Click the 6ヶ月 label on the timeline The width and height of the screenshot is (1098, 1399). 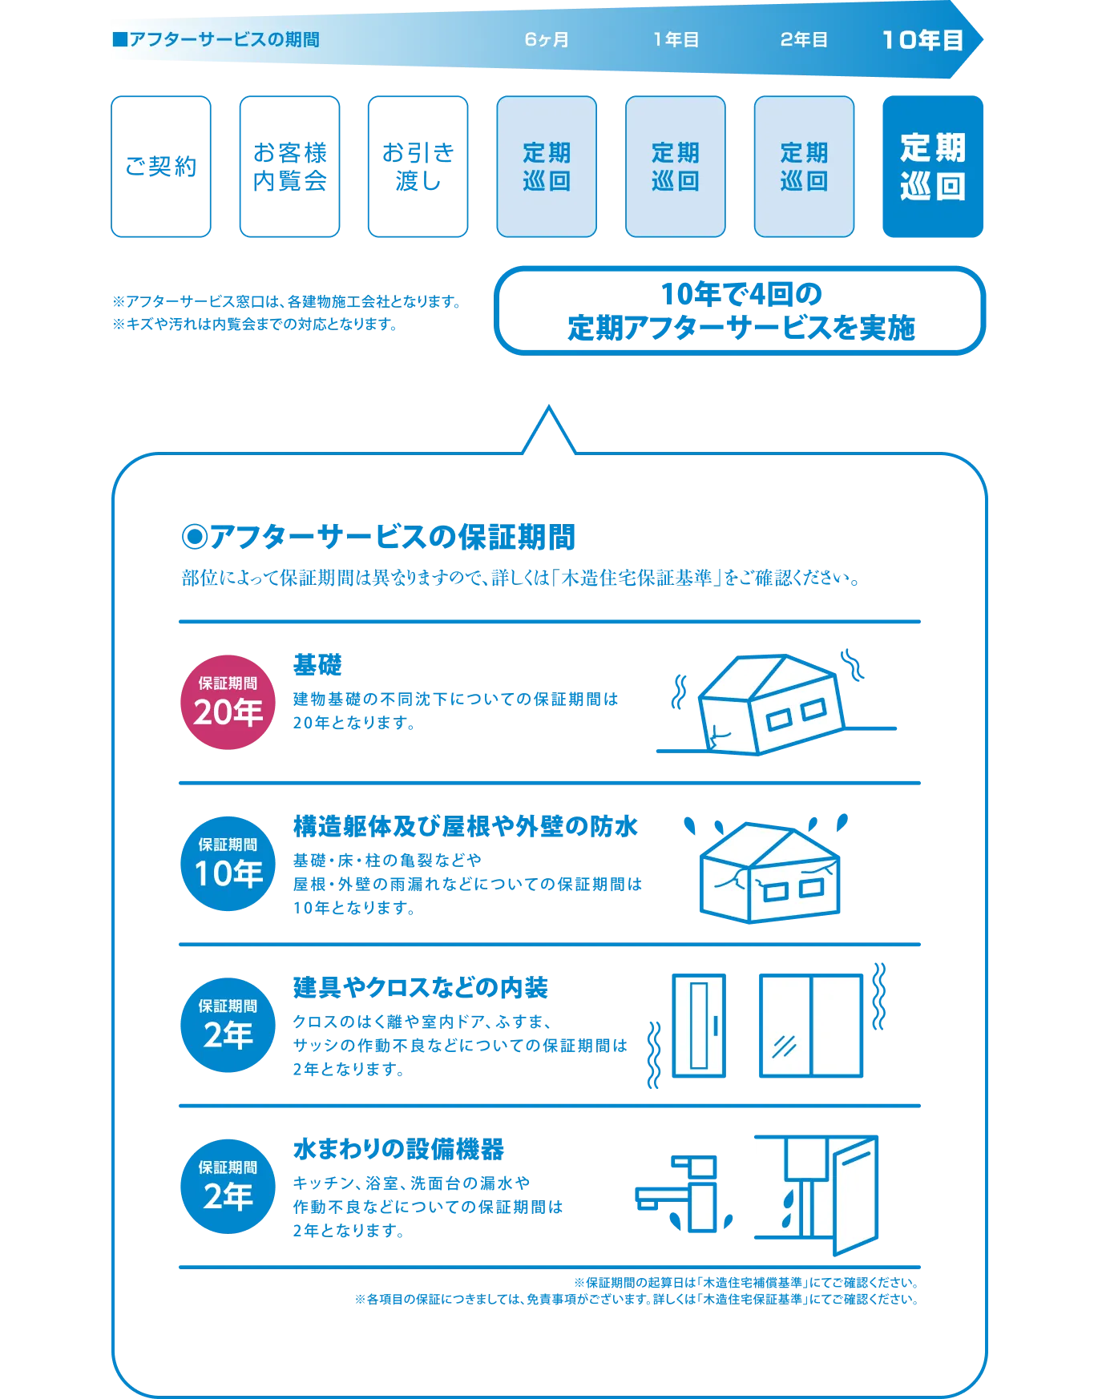(547, 40)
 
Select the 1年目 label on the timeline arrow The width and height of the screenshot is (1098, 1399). (676, 40)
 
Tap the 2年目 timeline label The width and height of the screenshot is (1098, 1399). (804, 40)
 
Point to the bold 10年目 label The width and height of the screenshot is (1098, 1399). (922, 40)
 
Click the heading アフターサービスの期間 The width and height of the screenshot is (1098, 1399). (216, 40)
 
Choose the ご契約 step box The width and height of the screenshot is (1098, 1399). (160, 167)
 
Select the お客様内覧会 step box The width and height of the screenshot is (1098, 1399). (289, 167)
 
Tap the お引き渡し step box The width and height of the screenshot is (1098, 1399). (417, 167)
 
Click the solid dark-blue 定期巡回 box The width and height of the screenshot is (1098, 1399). (932, 167)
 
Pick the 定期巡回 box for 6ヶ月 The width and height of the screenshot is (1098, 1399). (547, 167)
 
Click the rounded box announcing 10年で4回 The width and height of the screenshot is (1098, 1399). (741, 311)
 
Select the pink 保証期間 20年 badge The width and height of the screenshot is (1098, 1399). (228, 702)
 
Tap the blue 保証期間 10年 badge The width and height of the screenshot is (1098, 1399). (228, 863)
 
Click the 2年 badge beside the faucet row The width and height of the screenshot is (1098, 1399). (228, 1186)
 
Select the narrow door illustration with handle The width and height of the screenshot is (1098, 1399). (699, 1026)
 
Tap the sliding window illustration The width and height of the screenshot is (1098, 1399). (811, 1026)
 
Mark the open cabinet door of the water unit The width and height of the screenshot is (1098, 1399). (856, 1194)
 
